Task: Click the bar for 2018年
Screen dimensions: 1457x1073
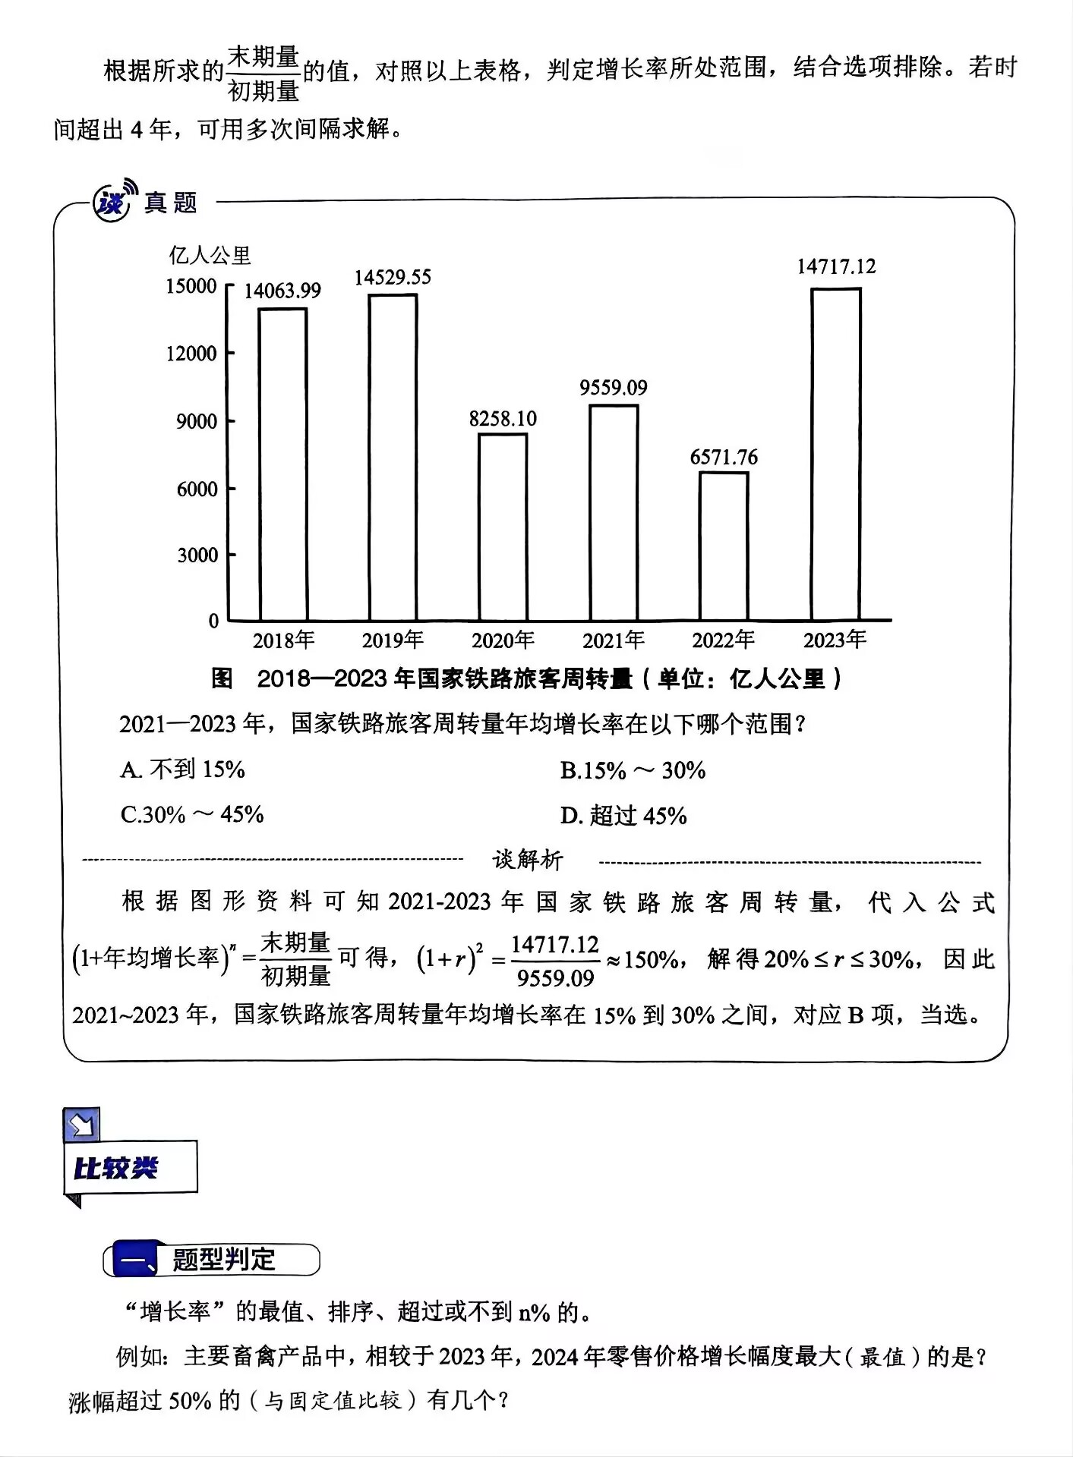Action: pos(282,464)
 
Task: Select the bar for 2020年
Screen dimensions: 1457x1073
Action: pos(503,527)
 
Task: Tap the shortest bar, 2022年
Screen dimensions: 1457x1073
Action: pos(724,546)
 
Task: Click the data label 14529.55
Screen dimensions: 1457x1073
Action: pos(393,278)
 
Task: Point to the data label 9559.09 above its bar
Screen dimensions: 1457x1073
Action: pos(614,388)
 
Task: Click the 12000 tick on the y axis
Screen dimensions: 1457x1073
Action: pos(192,354)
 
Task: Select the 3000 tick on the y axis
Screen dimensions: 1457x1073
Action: pos(197,555)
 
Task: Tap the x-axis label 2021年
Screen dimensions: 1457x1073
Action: pos(614,640)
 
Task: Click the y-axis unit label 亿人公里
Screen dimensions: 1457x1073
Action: pos(210,256)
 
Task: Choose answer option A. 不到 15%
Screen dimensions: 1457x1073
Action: pos(182,770)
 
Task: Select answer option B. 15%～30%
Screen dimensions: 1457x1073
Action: pos(633,771)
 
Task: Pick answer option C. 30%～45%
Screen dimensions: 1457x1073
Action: pos(192,815)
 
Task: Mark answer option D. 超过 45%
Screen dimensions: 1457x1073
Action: pos(623,817)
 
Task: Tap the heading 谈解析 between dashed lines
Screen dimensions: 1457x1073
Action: pos(528,860)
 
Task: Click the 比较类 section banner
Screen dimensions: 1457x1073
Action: pos(130,1168)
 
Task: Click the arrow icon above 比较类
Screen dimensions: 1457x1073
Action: pos(82,1125)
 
